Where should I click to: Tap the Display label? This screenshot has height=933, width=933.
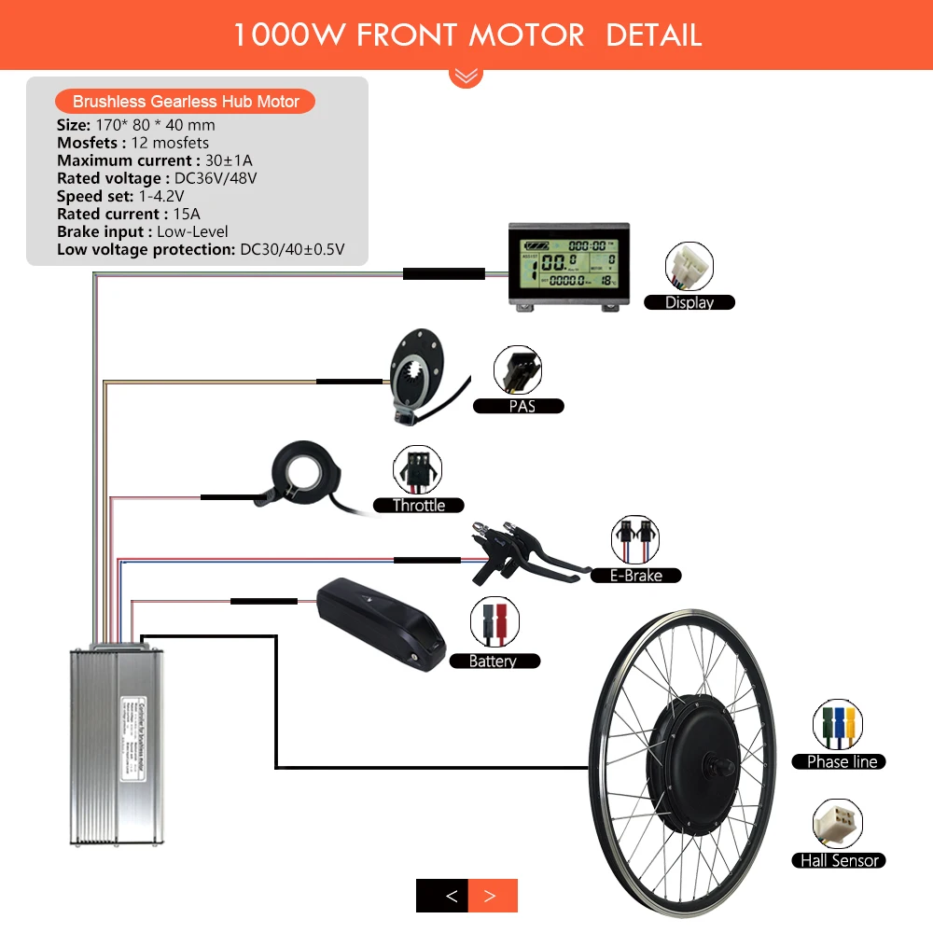coord(689,302)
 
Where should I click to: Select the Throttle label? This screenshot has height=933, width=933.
coord(419,505)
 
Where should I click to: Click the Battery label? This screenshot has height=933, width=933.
coord(493,661)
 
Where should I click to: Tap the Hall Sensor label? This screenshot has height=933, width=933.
coord(840,860)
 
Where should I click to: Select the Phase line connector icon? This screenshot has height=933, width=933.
coord(837,724)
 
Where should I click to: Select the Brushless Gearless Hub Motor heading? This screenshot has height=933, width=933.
coord(186,102)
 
